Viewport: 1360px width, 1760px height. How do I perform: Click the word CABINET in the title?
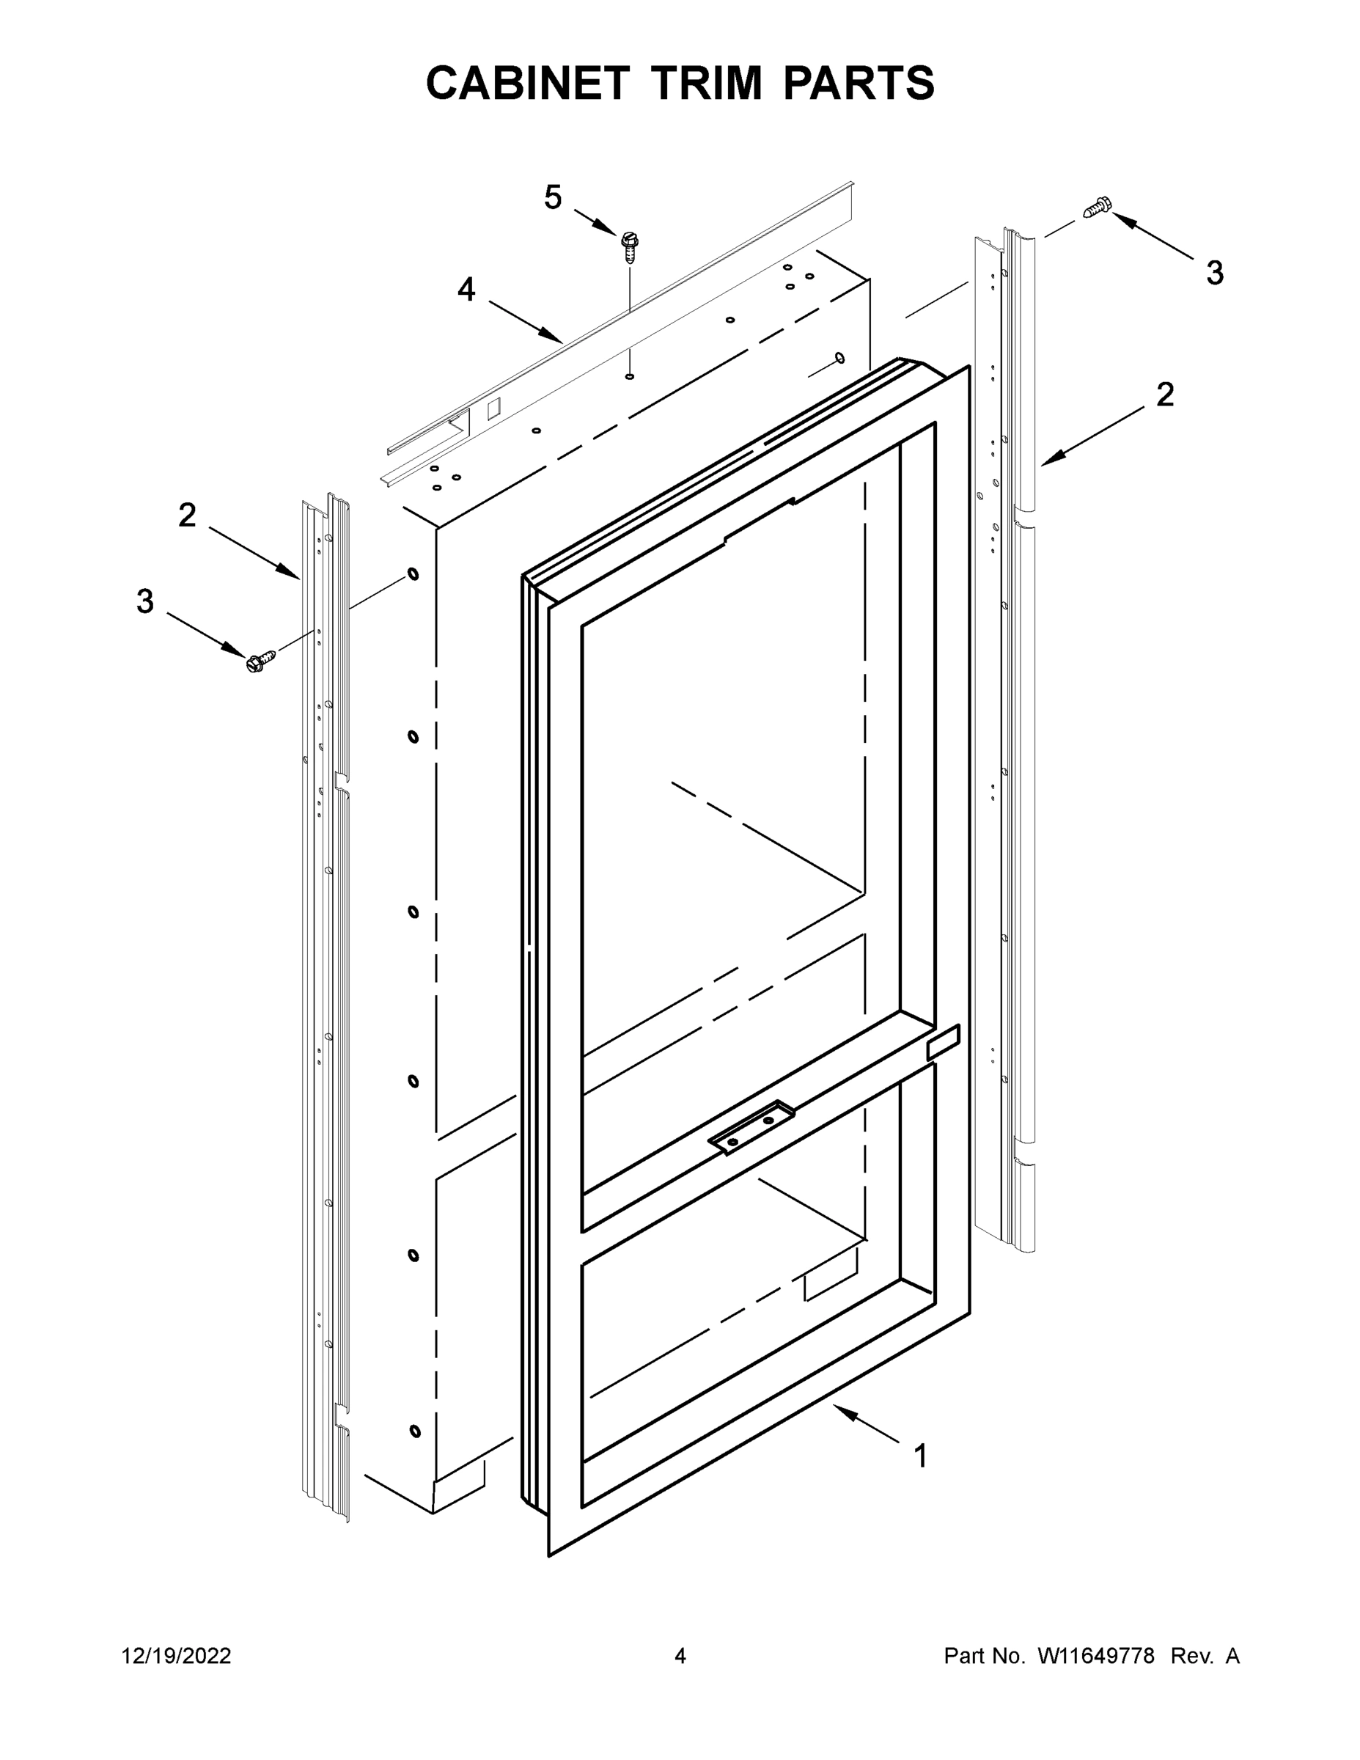pyautogui.click(x=527, y=83)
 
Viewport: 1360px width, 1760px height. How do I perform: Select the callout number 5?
pyautogui.click(x=553, y=197)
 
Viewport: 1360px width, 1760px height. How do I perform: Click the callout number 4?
pyautogui.click(x=466, y=290)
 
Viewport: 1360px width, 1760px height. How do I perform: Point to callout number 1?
pyautogui.click(x=920, y=1457)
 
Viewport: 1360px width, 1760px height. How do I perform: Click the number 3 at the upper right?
pyautogui.click(x=1215, y=274)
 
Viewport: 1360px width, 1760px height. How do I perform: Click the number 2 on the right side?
pyautogui.click(x=1165, y=394)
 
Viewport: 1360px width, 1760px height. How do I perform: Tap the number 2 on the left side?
pyautogui.click(x=187, y=515)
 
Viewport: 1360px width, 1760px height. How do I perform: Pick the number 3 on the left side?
pyautogui.click(x=145, y=601)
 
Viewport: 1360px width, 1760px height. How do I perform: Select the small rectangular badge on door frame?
pyautogui.click(x=944, y=1043)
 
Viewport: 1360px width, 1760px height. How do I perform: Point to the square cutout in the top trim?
pyautogui.click(x=494, y=408)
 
